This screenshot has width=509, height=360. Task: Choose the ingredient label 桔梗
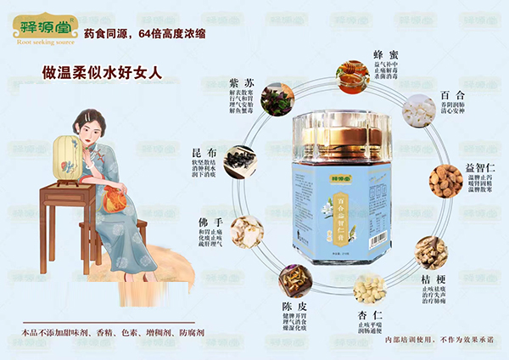(x=434, y=279)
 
